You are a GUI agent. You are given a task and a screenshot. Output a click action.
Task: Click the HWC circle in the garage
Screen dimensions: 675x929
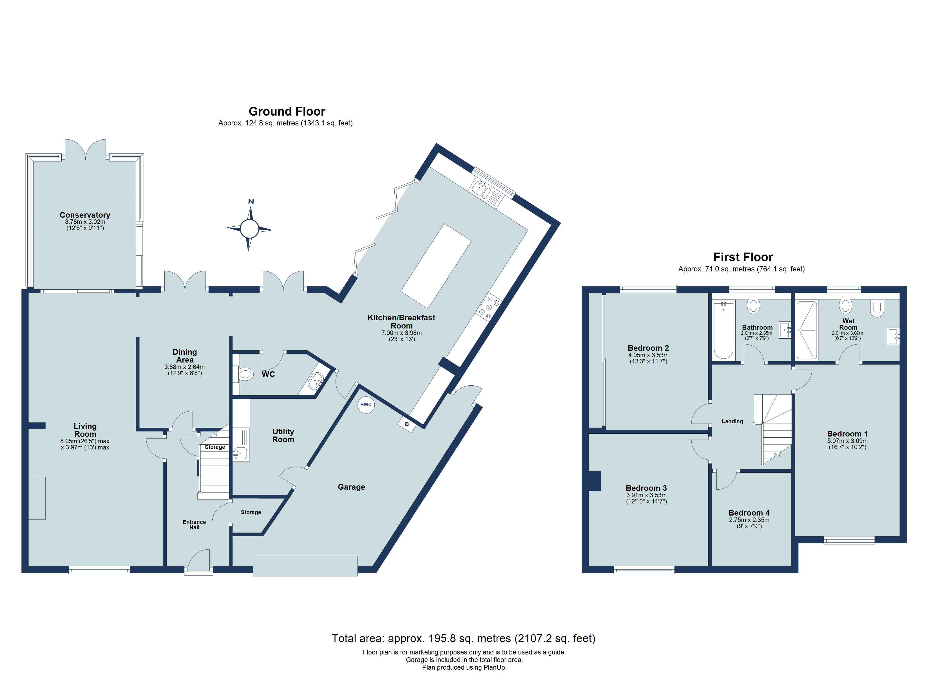(x=366, y=404)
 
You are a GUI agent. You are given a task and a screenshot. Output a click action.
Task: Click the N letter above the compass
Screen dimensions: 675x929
(x=251, y=201)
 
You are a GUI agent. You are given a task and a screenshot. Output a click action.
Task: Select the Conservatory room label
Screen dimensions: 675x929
(x=85, y=215)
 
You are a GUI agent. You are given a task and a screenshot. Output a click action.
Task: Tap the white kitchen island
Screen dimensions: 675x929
(x=436, y=266)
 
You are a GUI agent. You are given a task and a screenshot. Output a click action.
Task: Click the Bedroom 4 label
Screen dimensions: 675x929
(x=749, y=513)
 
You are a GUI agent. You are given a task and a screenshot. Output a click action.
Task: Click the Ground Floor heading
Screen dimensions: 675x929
(x=287, y=111)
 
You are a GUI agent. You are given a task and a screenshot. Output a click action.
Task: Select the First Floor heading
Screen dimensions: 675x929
(x=743, y=257)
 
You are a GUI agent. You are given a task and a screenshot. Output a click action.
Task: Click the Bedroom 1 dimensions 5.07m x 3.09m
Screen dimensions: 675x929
(x=847, y=441)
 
